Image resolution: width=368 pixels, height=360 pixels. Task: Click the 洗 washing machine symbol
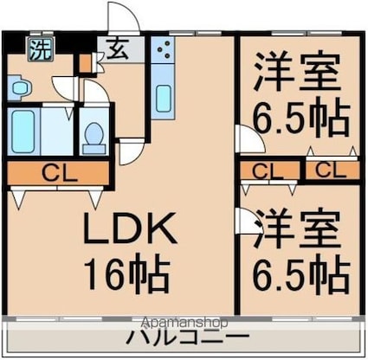[x=40, y=49]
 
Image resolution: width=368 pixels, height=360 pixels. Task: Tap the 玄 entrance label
[x=113, y=49]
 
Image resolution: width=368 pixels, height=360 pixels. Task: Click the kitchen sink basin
[x=163, y=98]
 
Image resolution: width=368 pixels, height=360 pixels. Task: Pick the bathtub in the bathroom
[x=24, y=131]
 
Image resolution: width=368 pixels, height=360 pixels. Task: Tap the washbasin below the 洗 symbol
[x=19, y=87]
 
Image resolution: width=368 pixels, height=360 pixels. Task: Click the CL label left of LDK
[x=58, y=173]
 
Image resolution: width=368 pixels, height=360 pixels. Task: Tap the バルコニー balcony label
[x=189, y=336]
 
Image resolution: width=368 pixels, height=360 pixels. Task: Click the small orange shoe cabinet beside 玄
[x=84, y=63]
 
